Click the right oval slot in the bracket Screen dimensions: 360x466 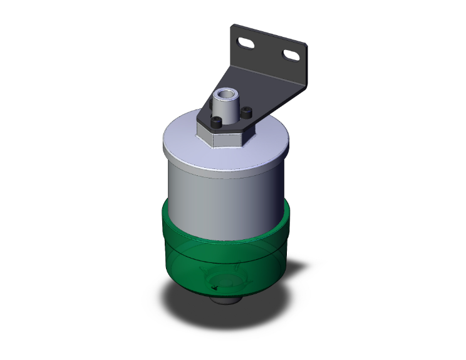[291, 56]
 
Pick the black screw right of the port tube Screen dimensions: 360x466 [247, 113]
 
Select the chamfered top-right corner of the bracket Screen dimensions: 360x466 [304, 46]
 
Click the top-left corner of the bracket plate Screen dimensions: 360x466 [235, 26]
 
